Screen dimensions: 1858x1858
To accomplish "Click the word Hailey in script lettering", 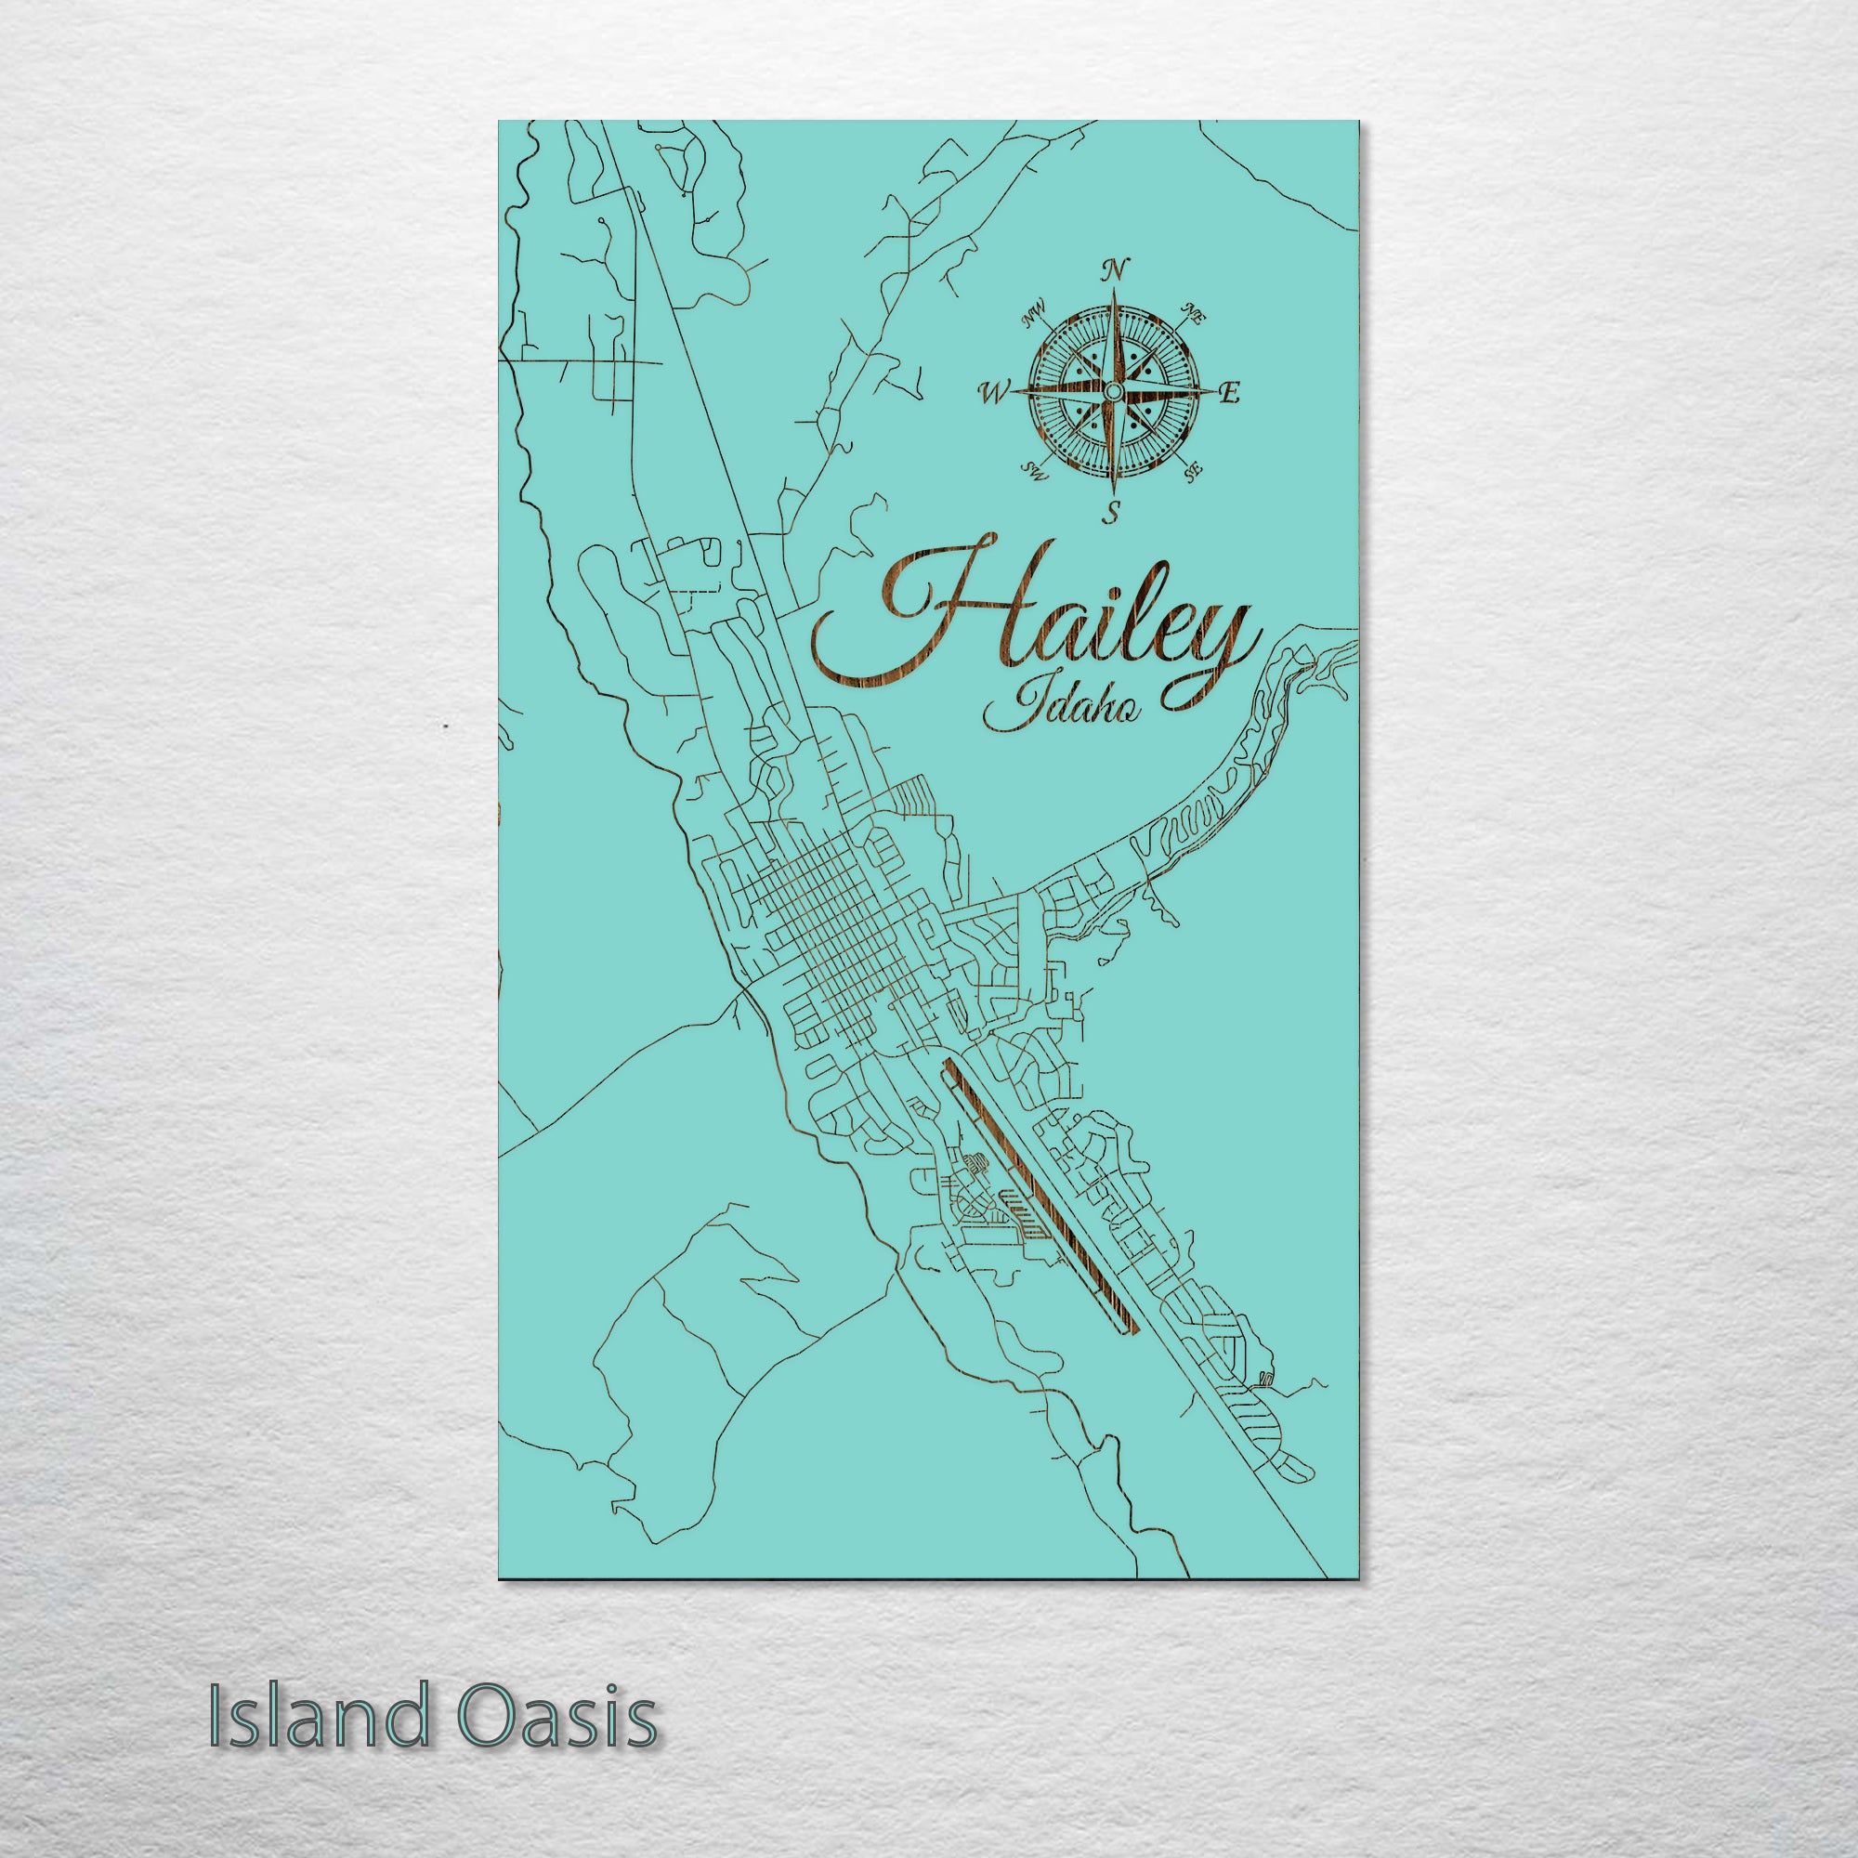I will pyautogui.click(x=1034, y=635).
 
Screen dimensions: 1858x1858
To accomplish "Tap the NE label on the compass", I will pyautogui.click(x=1196, y=311).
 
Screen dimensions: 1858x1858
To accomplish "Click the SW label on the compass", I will pyautogui.click(x=1034, y=469).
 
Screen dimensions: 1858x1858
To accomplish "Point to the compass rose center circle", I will pyautogui.click(x=1113, y=390).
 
